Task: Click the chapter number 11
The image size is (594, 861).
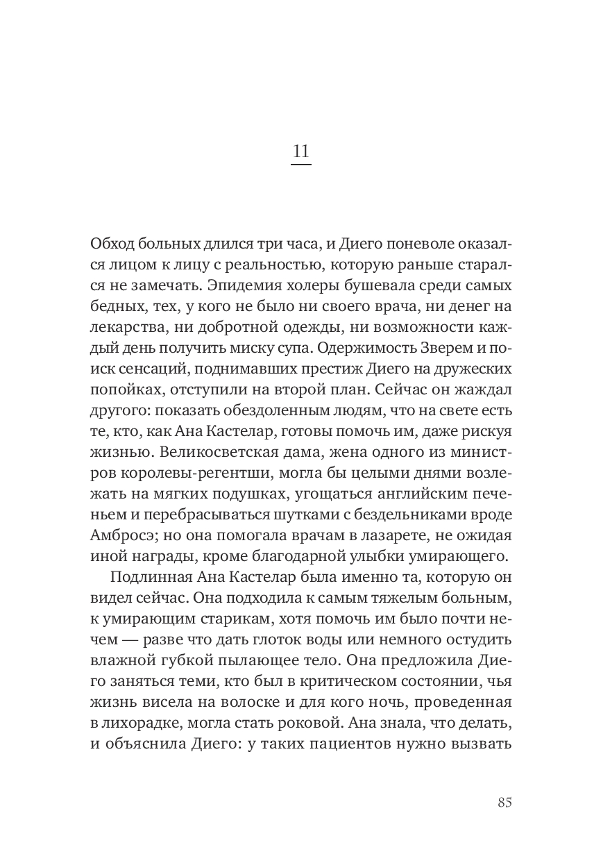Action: pos(300,151)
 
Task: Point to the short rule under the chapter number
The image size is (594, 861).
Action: pos(300,165)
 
